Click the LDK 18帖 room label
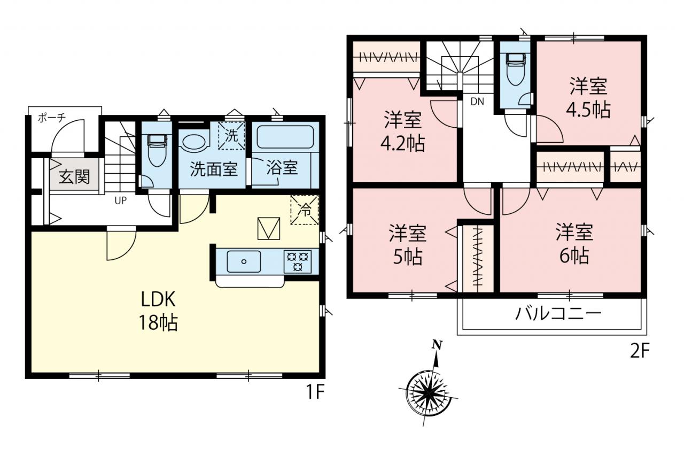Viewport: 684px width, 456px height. pos(158,311)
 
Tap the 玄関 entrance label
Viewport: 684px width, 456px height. pos(74,176)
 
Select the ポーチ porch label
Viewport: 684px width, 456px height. pos(52,118)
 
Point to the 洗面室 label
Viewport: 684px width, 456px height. pos(214,168)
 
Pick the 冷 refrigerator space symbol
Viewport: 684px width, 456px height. pos(305,210)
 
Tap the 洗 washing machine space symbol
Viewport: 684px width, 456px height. pos(231,135)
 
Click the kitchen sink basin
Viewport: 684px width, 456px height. pos(244,261)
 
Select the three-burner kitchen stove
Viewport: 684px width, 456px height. pos(298,261)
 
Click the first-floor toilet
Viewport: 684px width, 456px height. pos(157,150)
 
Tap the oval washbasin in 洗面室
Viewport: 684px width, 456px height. pos(195,142)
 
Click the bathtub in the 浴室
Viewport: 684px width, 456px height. pos(285,137)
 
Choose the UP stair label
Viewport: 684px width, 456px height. pos(121,200)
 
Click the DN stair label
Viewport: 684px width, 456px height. pos(477,102)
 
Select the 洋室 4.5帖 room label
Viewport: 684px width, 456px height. pos(588,98)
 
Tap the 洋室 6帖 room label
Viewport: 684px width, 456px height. pos(574,243)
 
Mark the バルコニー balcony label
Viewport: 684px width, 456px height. pos(558,314)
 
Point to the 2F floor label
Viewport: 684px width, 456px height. pos(640,352)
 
